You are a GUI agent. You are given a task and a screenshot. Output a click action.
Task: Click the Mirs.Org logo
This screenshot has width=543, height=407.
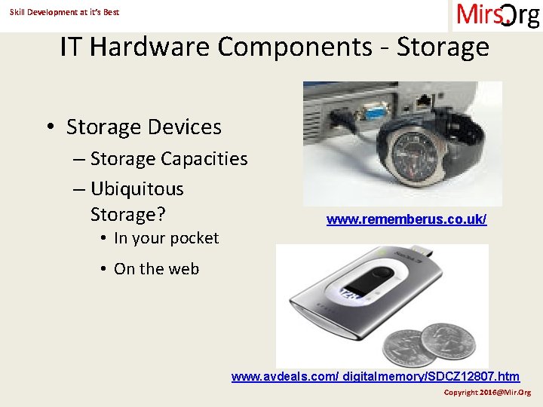pyautogui.click(x=497, y=15)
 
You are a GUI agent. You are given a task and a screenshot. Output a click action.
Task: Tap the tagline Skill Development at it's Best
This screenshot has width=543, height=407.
pyautogui.click(x=64, y=12)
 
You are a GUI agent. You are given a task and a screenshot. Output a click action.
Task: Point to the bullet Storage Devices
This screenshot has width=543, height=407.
pyautogui.click(x=143, y=127)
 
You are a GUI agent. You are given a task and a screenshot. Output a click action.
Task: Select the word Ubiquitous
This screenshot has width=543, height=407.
pyautogui.click(x=137, y=188)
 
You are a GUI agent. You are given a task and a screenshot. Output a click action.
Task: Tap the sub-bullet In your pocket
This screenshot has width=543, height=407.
pyautogui.click(x=166, y=238)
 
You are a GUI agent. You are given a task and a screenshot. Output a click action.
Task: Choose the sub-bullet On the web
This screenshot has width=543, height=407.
pyautogui.click(x=156, y=268)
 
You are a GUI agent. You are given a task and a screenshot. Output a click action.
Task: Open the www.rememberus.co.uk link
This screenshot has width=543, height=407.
pyautogui.click(x=406, y=219)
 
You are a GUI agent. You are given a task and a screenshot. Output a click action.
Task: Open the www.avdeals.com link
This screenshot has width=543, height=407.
pyautogui.click(x=375, y=375)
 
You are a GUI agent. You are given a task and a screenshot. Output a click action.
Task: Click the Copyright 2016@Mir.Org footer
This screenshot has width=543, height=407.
pyautogui.click(x=486, y=393)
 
